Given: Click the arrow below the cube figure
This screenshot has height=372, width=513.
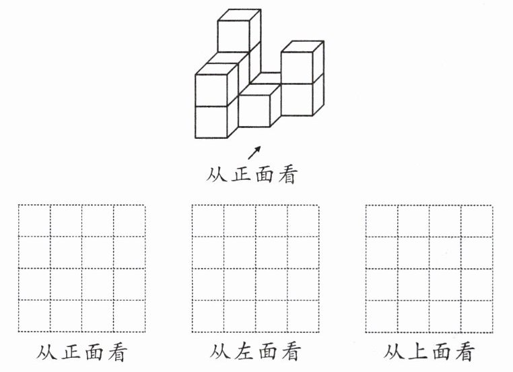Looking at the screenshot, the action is (x=255, y=152).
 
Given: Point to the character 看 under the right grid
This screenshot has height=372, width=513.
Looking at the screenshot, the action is (x=463, y=351).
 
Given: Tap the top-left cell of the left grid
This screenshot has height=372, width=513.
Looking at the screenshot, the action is (x=34, y=220).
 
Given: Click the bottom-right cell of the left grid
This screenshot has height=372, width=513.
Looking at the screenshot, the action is (x=129, y=316).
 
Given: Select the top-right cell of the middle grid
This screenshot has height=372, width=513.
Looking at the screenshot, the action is (x=303, y=220).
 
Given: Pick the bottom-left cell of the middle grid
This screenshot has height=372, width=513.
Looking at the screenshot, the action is (x=208, y=316).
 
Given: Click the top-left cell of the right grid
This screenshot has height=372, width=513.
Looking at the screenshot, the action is (x=382, y=220).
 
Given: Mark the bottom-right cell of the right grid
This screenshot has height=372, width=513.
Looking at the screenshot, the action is (x=477, y=316).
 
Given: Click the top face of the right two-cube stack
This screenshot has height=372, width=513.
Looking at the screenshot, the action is (x=302, y=46).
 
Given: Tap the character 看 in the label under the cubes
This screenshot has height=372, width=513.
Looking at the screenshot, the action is (x=286, y=175).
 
